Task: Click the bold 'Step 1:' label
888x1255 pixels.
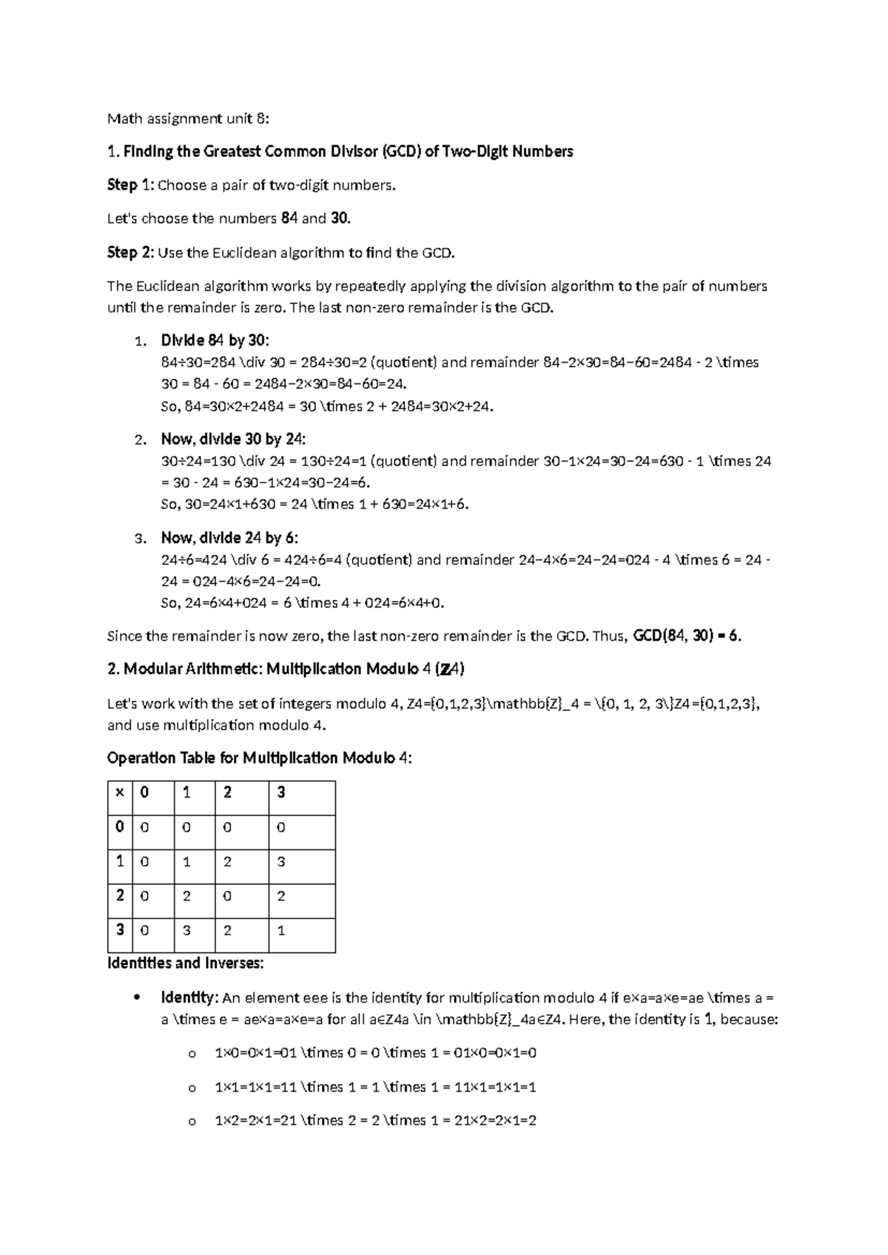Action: pos(131,185)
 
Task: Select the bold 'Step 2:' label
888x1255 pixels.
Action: pos(131,252)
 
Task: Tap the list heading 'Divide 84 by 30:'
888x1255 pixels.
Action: pos(215,340)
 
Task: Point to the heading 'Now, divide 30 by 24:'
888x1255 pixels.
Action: pos(233,439)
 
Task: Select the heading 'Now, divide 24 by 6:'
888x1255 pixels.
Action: pos(229,537)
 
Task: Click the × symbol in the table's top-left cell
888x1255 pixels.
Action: pos(119,793)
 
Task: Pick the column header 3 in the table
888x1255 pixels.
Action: pos(281,793)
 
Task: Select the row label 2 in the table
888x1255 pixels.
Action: pos(119,895)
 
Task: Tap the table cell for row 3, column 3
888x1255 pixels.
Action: pos(281,930)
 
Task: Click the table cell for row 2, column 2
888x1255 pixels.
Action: pos(227,896)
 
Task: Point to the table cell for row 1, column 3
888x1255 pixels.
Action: pos(281,862)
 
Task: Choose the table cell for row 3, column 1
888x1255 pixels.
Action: pos(186,930)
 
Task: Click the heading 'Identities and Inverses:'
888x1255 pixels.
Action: pos(185,963)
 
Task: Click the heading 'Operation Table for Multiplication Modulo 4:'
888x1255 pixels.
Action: pos(260,758)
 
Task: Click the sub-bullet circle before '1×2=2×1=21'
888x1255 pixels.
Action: pos(192,1122)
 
